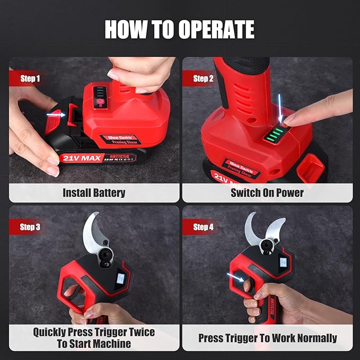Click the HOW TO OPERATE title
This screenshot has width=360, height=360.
(x=179, y=29)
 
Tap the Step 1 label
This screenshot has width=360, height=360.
(x=30, y=78)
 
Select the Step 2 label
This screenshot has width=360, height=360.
(x=203, y=78)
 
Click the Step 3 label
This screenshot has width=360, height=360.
(x=30, y=227)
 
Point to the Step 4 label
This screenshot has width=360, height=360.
(x=203, y=227)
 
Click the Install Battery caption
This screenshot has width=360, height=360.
(x=94, y=192)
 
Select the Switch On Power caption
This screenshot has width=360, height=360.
(x=267, y=192)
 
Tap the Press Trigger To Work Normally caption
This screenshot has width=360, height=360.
(x=267, y=338)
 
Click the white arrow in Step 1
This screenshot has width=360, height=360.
(x=55, y=113)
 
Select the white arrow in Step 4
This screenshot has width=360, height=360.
(x=233, y=275)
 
